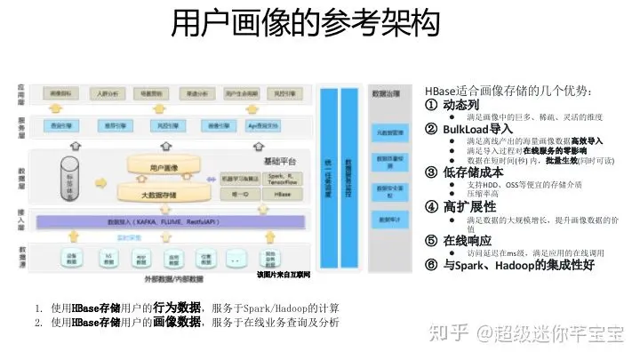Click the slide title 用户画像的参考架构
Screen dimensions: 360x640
point(306,24)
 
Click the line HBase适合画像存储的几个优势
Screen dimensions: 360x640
point(508,91)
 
